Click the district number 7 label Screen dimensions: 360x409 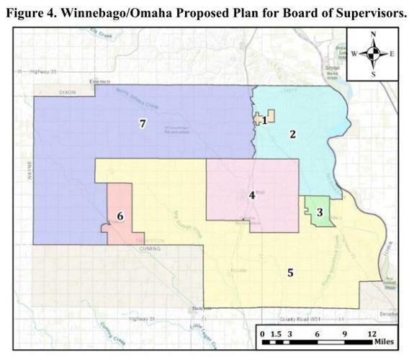coord(143,124)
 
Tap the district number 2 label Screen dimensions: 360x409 coord(293,133)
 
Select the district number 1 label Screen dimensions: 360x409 coord(264,120)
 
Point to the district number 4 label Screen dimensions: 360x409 coord(251,194)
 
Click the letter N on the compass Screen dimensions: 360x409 coord(372,35)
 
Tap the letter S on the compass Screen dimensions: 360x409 coord(372,73)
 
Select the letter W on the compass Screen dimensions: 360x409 coord(354,54)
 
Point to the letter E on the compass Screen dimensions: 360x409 coord(392,54)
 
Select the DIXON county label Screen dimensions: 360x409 coord(68,92)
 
